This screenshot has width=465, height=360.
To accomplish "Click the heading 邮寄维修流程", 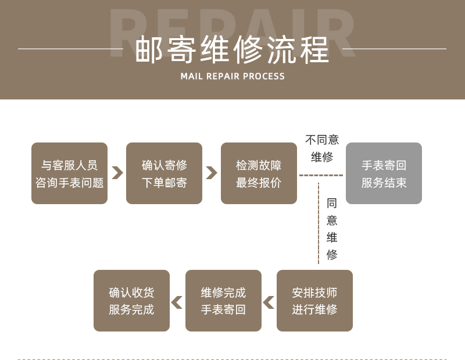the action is point(233,49).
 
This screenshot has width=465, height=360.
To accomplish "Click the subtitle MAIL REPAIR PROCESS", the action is point(233,76).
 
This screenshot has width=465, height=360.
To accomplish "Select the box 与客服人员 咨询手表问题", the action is point(69,173).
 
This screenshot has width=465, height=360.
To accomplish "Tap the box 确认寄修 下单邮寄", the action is point(164,173).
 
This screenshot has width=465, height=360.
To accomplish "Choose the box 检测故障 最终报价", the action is point(259,173).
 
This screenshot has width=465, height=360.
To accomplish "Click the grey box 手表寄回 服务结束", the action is point(384,173).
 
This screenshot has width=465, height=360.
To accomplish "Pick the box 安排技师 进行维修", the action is point(314,301).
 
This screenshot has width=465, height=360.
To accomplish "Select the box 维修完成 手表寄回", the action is point(223,301).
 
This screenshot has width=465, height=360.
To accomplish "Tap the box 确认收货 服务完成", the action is point(131,301).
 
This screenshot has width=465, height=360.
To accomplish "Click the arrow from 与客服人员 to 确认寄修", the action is point(117,173).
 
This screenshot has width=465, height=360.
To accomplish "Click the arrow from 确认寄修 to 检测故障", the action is point(212,173).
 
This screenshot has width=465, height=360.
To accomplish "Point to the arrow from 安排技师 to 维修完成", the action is point(269,302).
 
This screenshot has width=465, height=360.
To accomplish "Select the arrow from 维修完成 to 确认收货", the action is point(177,302).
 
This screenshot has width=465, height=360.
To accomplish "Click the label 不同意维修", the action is point(322,148).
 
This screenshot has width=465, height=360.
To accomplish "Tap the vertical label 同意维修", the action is point(332,229).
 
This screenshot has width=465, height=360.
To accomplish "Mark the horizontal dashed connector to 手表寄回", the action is point(321,175).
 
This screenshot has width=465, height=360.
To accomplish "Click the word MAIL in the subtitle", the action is point(191,76).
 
